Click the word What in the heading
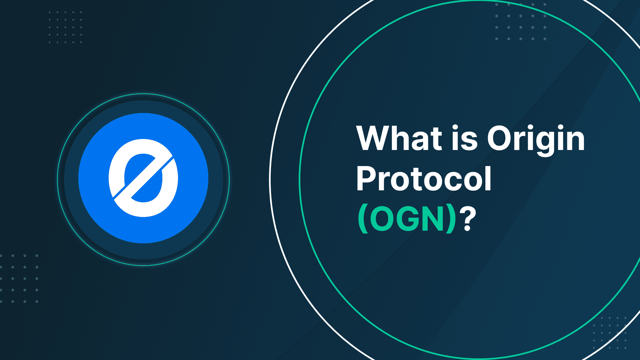click(399, 138)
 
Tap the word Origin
click(536, 140)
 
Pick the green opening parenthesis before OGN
click(363, 219)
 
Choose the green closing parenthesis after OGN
click(451, 219)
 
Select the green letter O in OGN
click(381, 219)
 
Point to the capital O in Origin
click(500, 138)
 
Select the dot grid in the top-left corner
click(65, 27)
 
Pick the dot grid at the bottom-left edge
click(19, 279)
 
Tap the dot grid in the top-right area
click(521, 22)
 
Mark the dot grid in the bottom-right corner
click(610, 333)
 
